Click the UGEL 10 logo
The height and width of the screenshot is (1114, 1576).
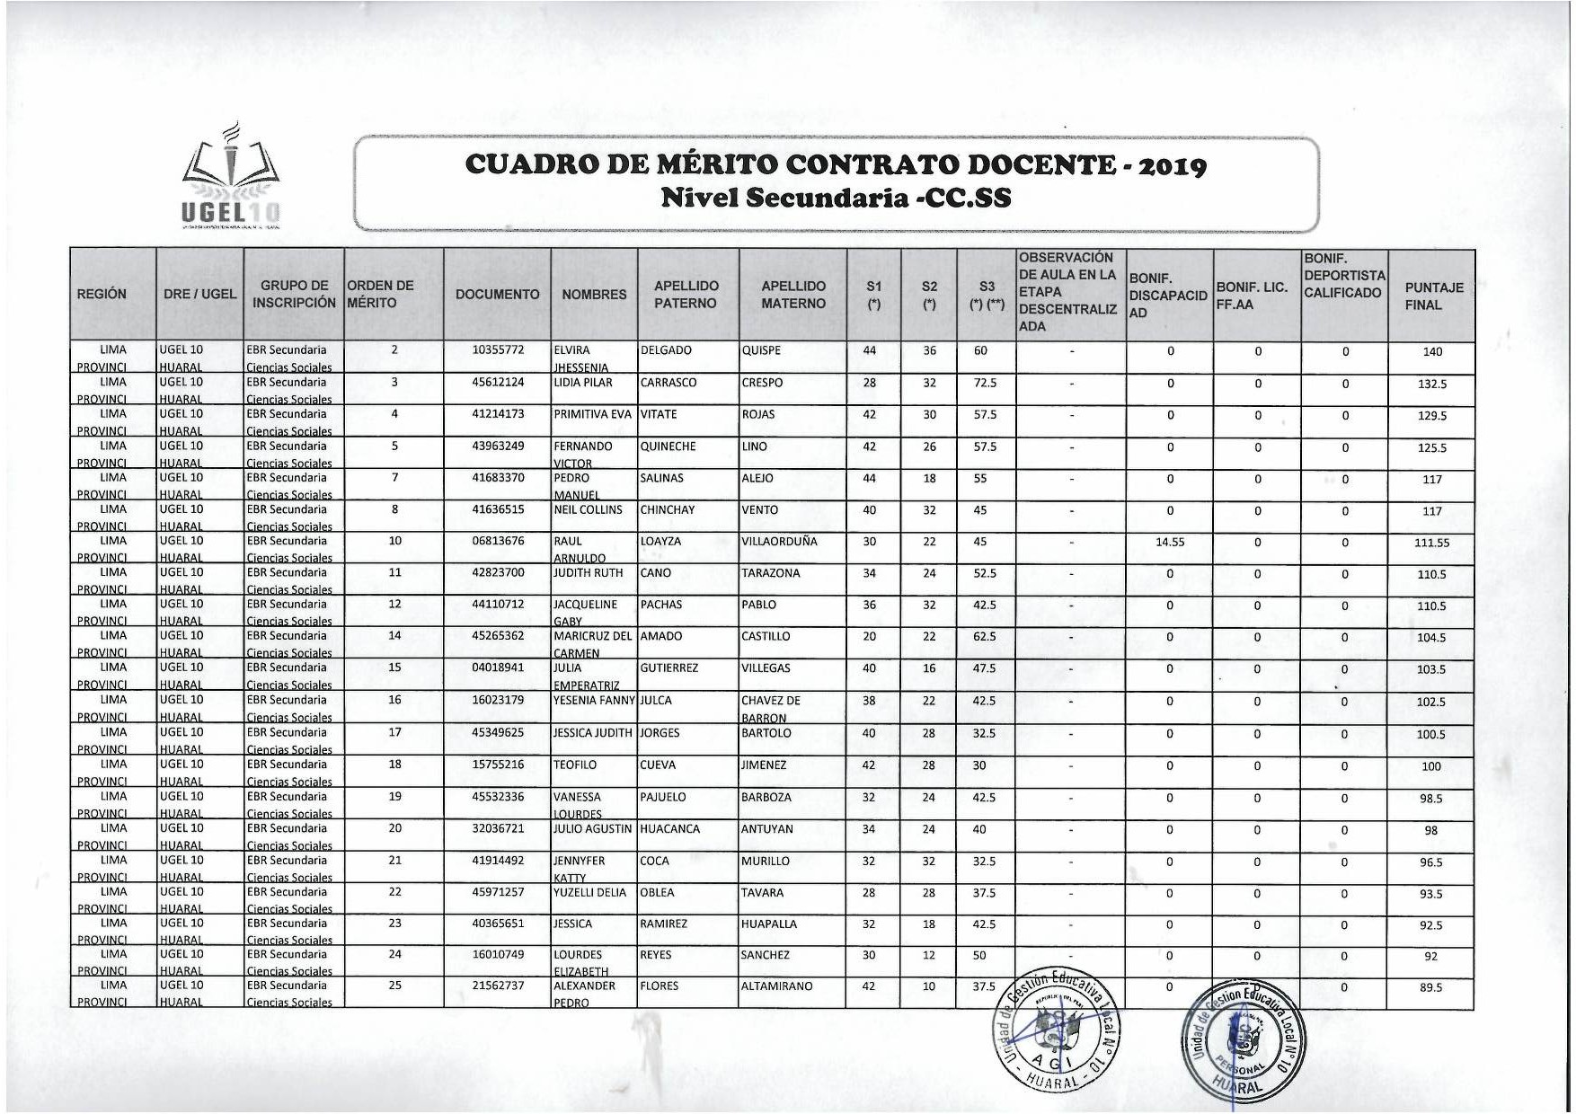(x=231, y=178)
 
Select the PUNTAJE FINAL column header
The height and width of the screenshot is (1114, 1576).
(x=1433, y=296)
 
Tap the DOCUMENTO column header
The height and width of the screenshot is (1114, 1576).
(x=497, y=295)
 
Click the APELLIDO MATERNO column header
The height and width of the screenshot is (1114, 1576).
(x=792, y=295)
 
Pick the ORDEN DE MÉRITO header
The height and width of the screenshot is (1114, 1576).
(x=381, y=295)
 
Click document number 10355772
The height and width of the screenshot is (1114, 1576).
(x=498, y=350)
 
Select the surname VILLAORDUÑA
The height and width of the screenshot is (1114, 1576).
(x=780, y=542)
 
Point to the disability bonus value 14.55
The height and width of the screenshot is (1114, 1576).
(x=1169, y=543)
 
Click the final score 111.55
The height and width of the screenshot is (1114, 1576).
(x=1431, y=543)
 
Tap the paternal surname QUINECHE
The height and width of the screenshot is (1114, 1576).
(x=664, y=446)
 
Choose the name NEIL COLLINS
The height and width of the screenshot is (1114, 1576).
(x=588, y=510)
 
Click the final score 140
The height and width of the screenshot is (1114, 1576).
(x=1431, y=352)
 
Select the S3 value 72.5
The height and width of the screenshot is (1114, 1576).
(x=985, y=383)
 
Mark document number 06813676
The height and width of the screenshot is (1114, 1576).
(x=498, y=542)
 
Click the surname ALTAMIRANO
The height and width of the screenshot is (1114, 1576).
(x=776, y=986)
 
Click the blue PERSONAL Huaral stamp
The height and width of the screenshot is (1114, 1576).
(x=1246, y=1042)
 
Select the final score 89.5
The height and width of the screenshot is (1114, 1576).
(x=1430, y=988)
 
